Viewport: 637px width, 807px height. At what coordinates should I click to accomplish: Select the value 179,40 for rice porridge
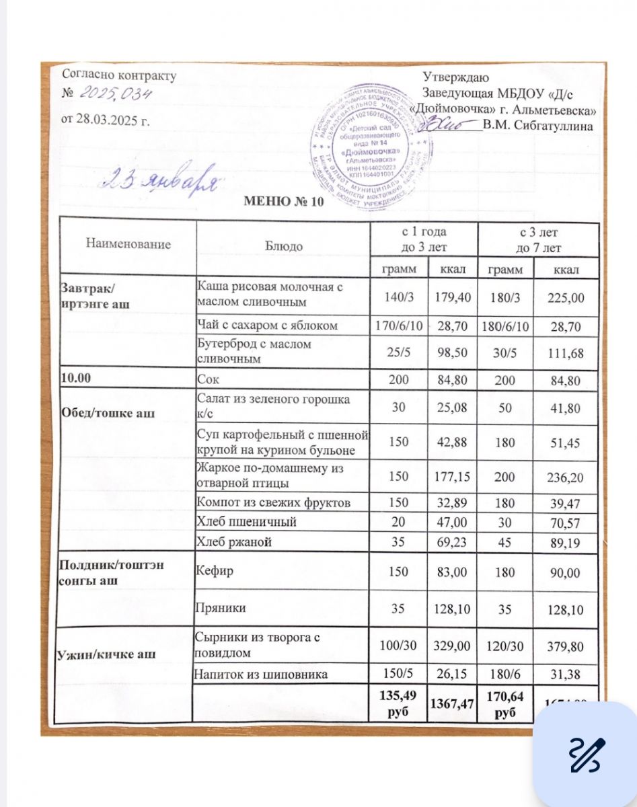(x=453, y=297)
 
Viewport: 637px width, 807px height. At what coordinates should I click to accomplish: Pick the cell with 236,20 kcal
(x=565, y=477)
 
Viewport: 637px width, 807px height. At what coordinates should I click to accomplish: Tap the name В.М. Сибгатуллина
(x=537, y=126)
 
